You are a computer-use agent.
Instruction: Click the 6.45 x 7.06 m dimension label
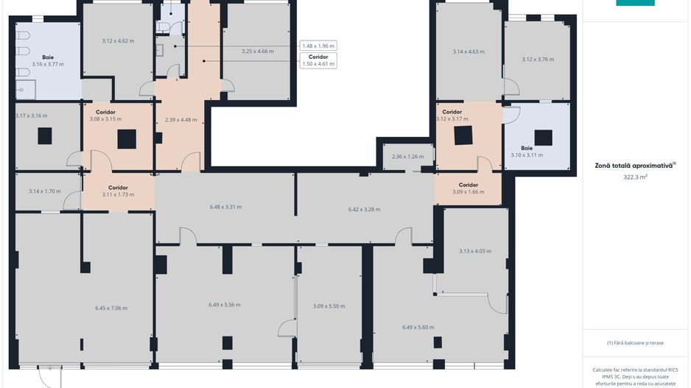(111, 308)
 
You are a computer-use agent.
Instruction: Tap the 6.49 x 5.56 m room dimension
(224, 304)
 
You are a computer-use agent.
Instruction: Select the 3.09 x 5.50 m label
(329, 306)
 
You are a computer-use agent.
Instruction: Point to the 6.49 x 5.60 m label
(418, 327)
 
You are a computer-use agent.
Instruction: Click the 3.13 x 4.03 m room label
(475, 251)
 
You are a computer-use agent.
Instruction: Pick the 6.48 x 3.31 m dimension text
(225, 207)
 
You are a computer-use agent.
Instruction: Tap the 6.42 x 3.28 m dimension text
(364, 209)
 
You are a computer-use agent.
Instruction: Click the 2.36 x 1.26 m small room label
(407, 156)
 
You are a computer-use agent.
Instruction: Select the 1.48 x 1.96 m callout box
(318, 46)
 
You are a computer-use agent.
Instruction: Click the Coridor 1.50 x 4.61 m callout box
(318, 60)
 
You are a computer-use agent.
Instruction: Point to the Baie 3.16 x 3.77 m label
(48, 61)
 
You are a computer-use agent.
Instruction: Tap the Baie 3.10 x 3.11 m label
(527, 152)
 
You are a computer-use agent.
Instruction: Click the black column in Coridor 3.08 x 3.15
(127, 139)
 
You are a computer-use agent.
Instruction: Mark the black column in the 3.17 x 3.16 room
(44, 136)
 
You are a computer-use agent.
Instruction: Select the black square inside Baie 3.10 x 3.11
(544, 138)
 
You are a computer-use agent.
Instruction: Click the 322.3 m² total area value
(635, 177)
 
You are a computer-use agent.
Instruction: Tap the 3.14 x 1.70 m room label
(45, 191)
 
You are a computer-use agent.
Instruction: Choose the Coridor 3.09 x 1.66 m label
(468, 188)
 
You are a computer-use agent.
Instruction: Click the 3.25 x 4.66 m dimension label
(257, 51)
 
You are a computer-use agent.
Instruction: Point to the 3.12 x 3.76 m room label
(538, 59)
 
